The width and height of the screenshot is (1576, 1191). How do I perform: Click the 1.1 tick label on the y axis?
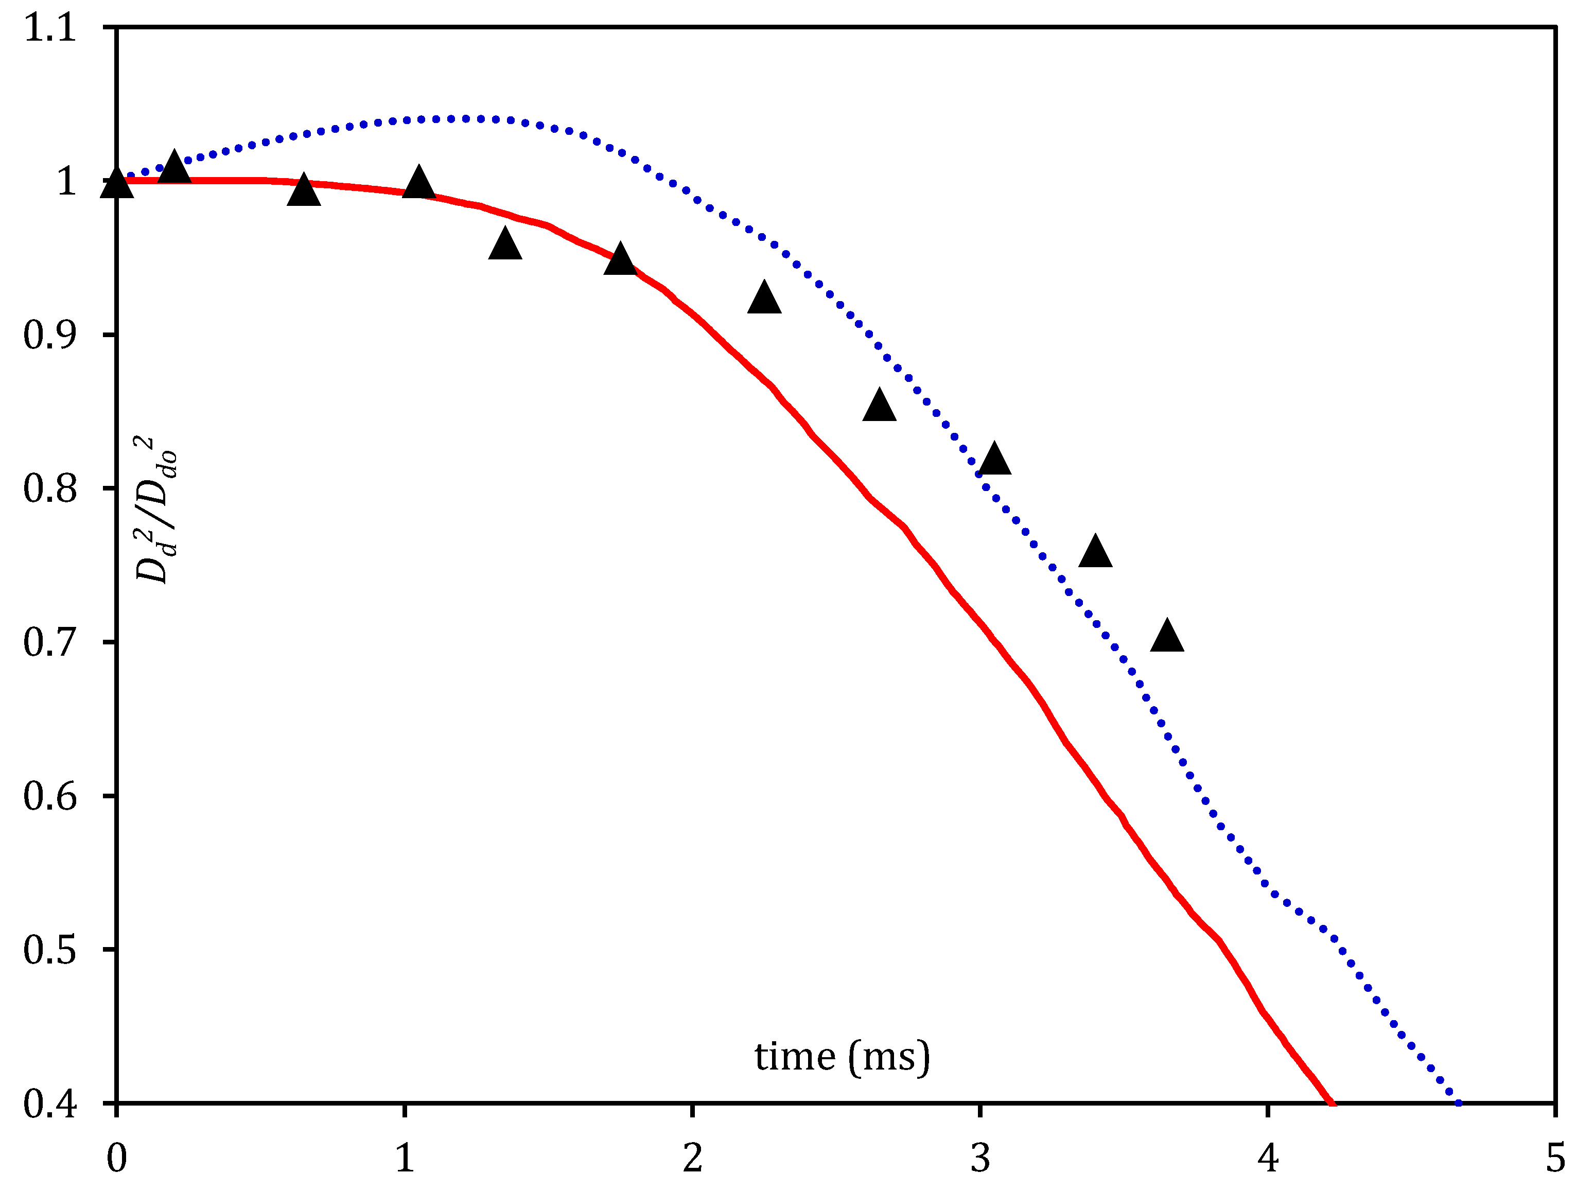coord(50,28)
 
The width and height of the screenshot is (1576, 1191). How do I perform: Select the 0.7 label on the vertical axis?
coord(50,642)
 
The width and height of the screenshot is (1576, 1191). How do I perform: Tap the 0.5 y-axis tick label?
coord(50,950)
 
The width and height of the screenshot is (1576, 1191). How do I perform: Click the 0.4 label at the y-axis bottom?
coord(50,1104)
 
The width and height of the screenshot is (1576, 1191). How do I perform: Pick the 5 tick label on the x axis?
coord(1554,1158)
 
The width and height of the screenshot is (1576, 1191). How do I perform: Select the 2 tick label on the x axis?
coord(693,1158)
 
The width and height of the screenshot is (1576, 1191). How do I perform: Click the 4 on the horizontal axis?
coord(1268,1158)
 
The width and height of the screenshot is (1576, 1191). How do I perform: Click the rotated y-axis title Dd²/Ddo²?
coord(155,510)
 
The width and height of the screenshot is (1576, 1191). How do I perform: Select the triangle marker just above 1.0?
coord(174,169)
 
